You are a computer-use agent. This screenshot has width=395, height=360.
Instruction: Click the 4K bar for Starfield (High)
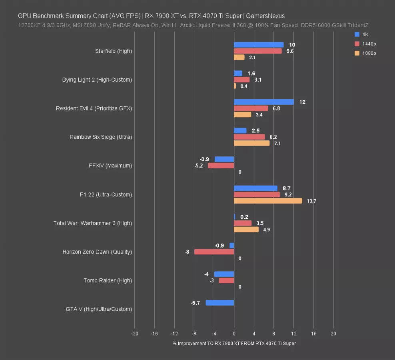(259, 45)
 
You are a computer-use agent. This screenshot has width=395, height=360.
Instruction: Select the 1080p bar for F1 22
(268, 201)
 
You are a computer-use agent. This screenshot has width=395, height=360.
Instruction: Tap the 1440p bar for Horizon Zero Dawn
(214, 252)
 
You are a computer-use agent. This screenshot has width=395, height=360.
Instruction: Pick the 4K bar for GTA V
(220, 303)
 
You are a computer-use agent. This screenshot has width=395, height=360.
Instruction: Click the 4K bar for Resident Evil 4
(264, 102)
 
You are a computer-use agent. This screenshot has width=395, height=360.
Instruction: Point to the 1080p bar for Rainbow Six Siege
(251, 143)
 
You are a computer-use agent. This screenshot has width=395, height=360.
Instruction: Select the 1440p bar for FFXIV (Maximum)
(221, 166)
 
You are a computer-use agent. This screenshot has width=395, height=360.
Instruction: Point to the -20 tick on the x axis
(134, 334)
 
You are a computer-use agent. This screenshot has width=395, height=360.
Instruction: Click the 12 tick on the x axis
(294, 334)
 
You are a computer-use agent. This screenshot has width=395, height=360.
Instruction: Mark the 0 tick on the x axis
(234, 334)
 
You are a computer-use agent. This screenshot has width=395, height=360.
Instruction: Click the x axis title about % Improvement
(234, 343)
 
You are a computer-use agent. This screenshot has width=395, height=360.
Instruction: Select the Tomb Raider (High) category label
(108, 280)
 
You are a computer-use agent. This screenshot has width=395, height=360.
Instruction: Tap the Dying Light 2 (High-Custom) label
(97, 80)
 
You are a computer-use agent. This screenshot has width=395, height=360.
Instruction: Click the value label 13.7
(311, 201)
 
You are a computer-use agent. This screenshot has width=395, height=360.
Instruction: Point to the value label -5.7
(196, 303)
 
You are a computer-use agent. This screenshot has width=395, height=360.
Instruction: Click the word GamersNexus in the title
(265, 16)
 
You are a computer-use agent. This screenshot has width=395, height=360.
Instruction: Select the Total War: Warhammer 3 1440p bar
(243, 223)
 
